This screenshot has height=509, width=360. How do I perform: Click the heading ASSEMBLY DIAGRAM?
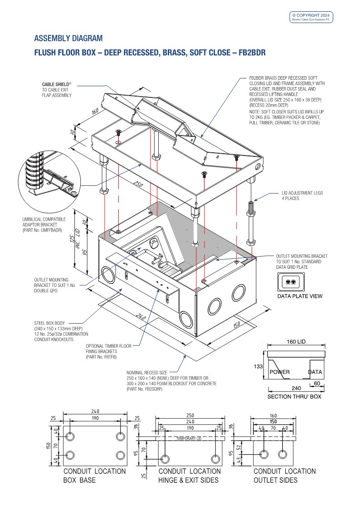(68, 38)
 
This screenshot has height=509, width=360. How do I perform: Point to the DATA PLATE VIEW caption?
(300, 296)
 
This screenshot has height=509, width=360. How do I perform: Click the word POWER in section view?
(280, 372)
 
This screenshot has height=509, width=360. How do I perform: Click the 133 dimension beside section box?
(258, 366)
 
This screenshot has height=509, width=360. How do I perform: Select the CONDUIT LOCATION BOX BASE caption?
(94, 475)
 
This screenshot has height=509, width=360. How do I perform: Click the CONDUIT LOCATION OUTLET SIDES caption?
(284, 475)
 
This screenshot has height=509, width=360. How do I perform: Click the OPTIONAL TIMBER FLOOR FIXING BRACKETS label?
(108, 352)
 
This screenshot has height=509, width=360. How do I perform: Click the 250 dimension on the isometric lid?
(136, 184)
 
